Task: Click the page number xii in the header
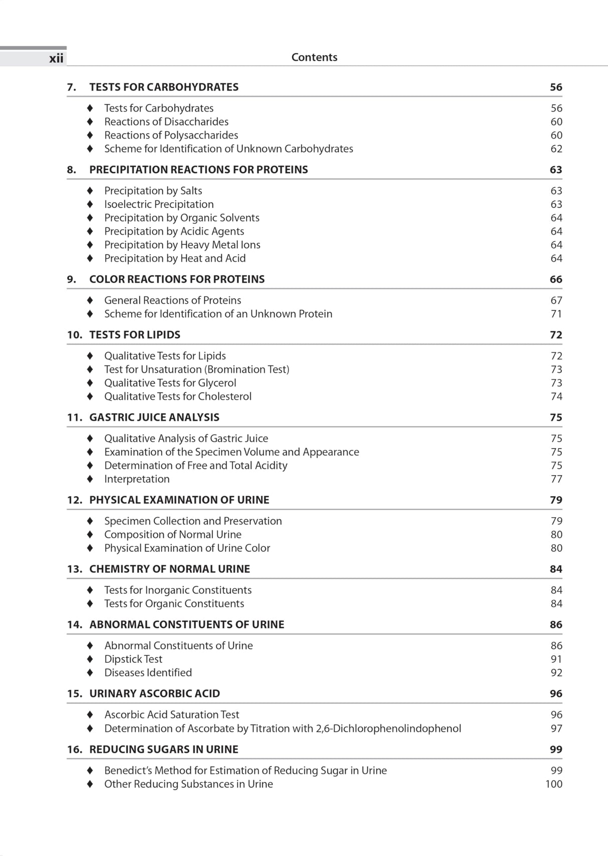(x=56, y=59)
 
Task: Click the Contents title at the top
(x=314, y=57)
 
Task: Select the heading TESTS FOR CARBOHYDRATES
(x=164, y=87)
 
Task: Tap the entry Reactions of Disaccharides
(x=166, y=122)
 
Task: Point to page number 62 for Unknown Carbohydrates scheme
(x=556, y=149)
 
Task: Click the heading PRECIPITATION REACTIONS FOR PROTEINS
(x=198, y=170)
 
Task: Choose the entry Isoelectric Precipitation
(x=159, y=204)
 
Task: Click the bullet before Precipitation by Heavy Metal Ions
(x=90, y=245)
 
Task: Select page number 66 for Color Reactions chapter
(x=555, y=279)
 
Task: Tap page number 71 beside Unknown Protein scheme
(x=556, y=314)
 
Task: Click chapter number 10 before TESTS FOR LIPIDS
(x=74, y=335)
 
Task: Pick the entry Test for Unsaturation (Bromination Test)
(x=196, y=369)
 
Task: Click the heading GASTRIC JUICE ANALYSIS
(x=154, y=417)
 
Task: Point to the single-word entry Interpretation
(x=137, y=479)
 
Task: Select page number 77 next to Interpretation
(x=556, y=479)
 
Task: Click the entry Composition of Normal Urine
(x=173, y=535)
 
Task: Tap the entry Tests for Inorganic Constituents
(x=178, y=590)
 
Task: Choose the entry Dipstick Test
(x=133, y=659)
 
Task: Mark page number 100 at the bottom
(x=553, y=784)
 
